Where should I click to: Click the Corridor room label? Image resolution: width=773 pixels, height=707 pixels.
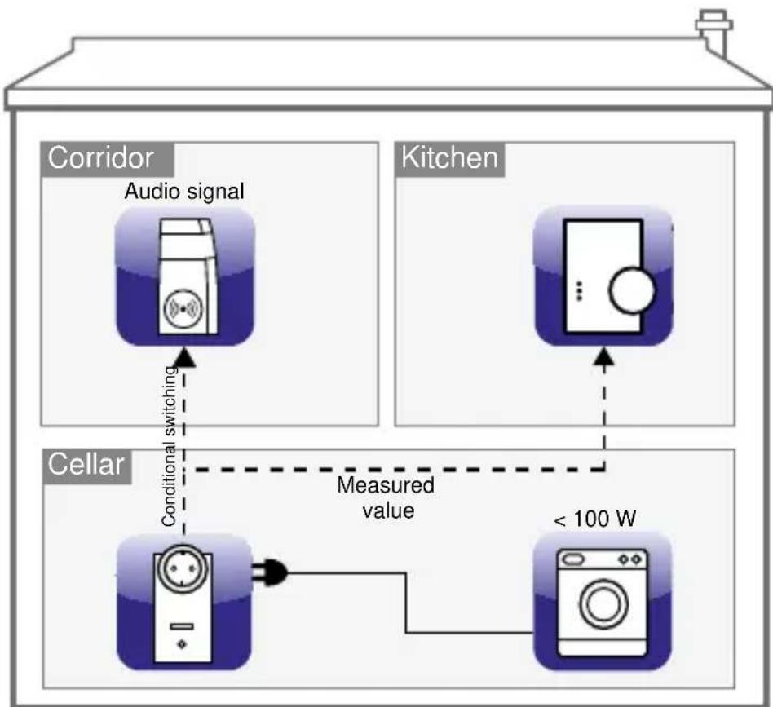(x=106, y=159)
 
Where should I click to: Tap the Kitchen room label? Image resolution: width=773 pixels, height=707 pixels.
(x=449, y=159)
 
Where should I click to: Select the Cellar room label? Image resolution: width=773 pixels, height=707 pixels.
(x=86, y=466)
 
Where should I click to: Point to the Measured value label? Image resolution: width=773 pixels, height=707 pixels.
(x=386, y=499)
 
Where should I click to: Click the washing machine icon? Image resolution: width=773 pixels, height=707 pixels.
(x=603, y=600)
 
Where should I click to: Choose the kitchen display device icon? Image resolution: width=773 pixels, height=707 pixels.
(x=603, y=277)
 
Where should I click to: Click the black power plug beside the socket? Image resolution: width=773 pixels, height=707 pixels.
(x=272, y=573)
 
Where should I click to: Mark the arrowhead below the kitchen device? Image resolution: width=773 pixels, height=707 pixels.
(x=604, y=357)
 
